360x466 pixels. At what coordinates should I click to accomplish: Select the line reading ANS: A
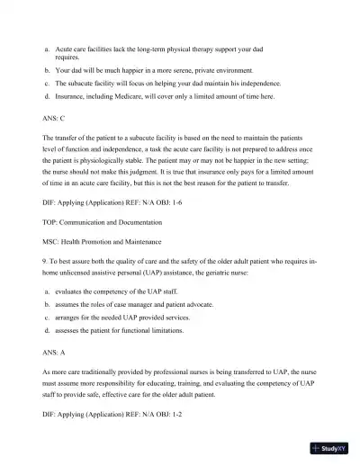[x=54, y=350]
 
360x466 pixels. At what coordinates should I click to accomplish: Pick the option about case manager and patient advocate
[x=134, y=305]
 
